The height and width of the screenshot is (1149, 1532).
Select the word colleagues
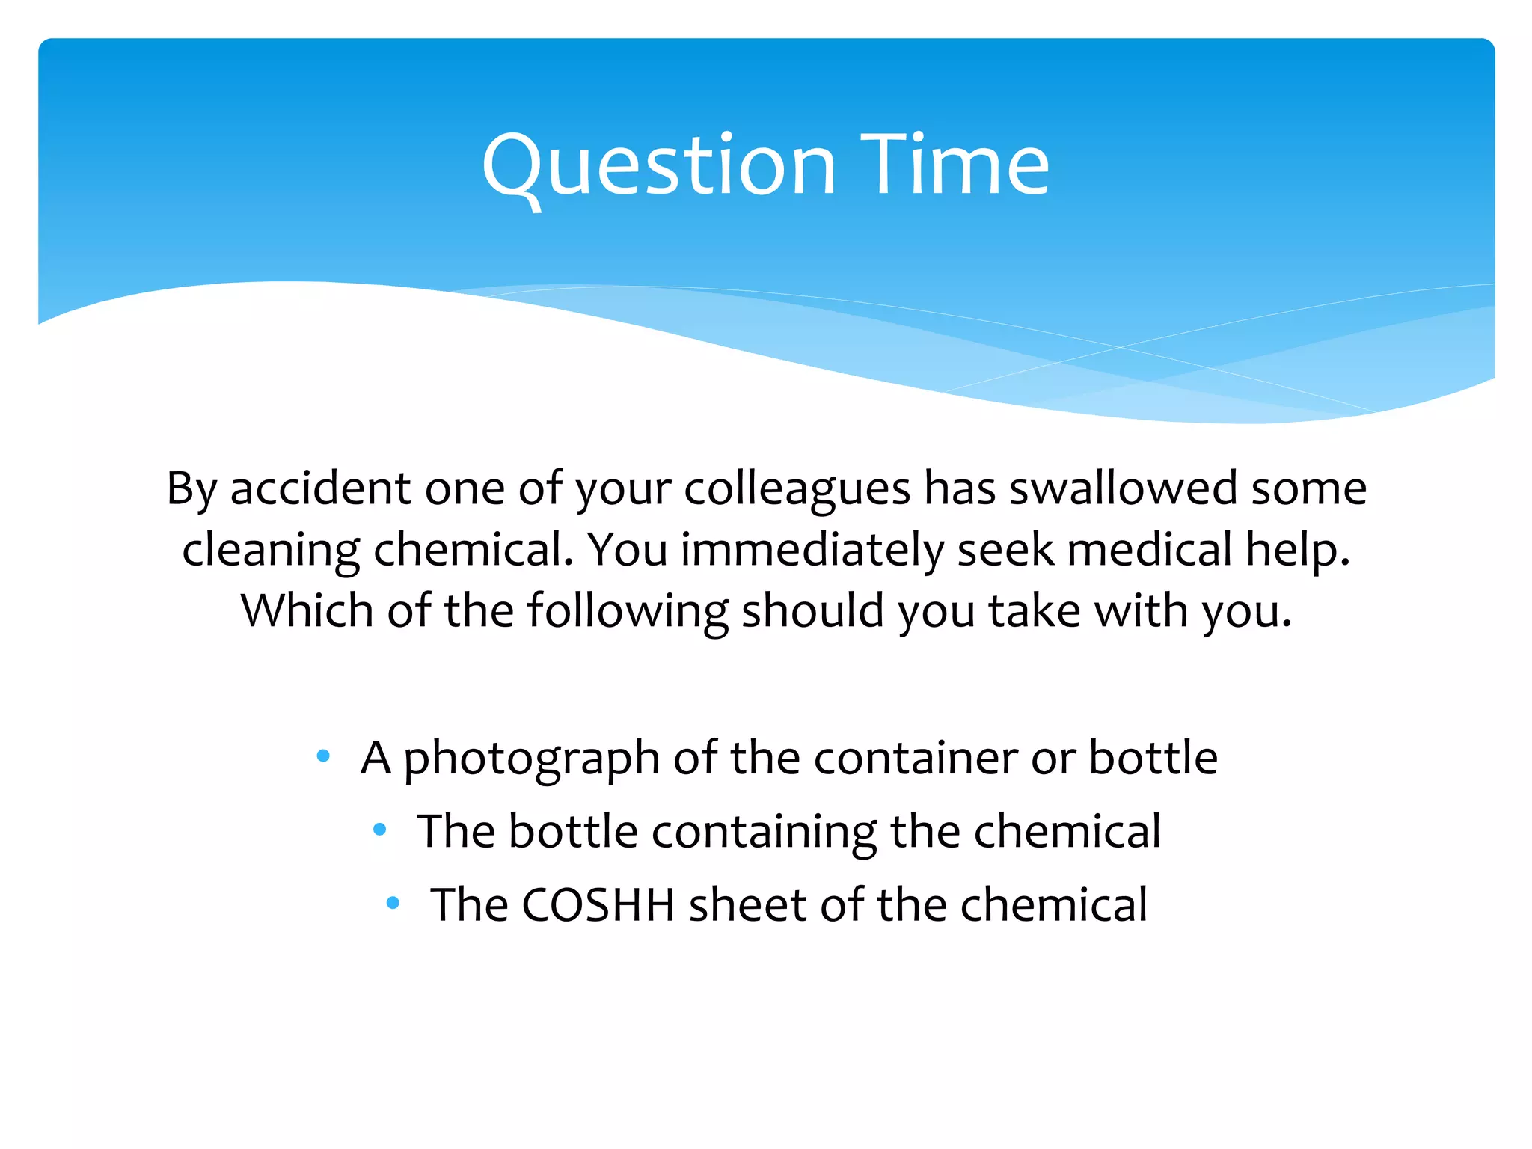[x=797, y=490]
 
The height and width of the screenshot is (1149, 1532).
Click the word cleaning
[x=271, y=551]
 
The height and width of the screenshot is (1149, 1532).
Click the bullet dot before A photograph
[x=323, y=756]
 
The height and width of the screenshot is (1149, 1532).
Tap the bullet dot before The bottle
[x=380, y=829]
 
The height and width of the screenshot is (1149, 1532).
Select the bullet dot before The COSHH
[x=393, y=903]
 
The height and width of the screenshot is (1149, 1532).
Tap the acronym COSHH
[x=598, y=905]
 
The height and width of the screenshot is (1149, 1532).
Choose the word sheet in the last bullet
[x=748, y=905]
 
